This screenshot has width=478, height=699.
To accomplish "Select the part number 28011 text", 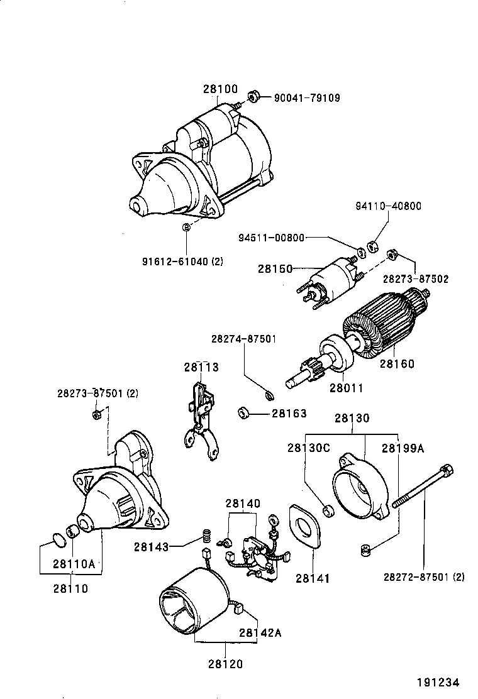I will coord(346,388).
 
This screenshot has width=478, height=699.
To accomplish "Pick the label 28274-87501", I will coord(243,339).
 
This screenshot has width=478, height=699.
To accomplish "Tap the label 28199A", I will coord(403,448).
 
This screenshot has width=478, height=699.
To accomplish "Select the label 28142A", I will coord(260,632).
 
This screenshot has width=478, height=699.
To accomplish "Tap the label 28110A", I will coord(74,564).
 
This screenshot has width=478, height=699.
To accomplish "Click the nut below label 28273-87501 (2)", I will coord(97,414).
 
